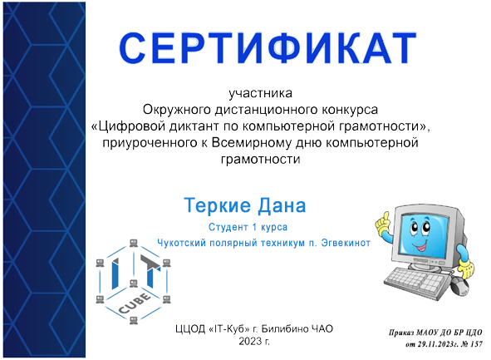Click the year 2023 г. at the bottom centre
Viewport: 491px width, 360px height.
[255, 343]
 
